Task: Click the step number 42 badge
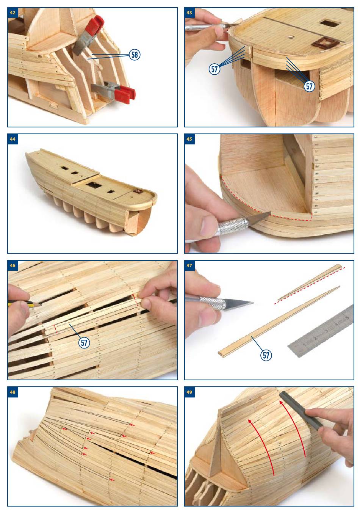point(13,13)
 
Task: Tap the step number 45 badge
point(189,139)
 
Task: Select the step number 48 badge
point(13,392)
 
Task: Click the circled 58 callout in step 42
point(135,55)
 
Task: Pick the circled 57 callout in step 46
point(84,343)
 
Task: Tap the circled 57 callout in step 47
point(266,355)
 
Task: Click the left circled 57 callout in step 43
point(214,69)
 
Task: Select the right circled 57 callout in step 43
point(309,86)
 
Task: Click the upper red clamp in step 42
point(88,35)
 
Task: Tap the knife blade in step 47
point(239,304)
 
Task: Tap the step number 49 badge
point(189,392)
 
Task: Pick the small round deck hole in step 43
point(291,37)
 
